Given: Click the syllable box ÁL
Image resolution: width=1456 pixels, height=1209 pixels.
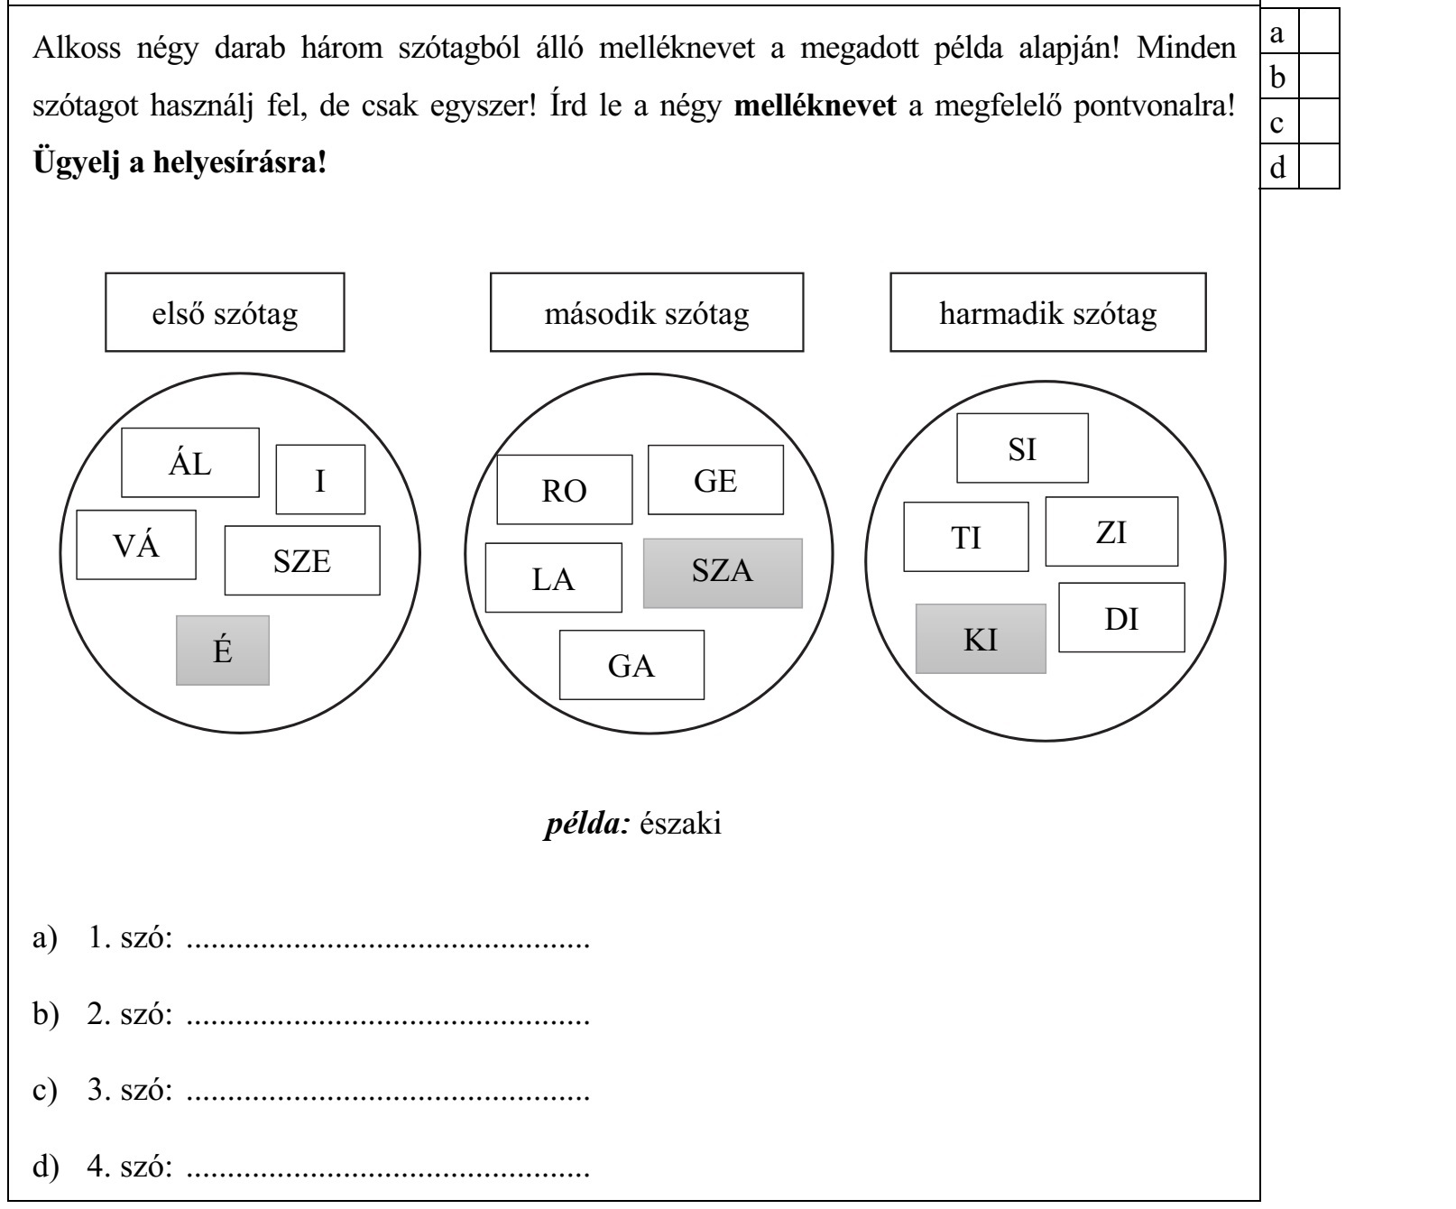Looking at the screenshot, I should pos(190,463).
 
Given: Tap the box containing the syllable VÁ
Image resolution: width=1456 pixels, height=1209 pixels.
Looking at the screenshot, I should pos(136,544).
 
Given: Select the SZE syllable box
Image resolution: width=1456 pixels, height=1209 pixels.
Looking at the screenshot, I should pos(302,560).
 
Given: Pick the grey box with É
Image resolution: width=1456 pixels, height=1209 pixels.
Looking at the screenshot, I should pos(223,651).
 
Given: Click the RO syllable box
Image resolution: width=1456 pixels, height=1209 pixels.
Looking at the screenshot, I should pos(565,490).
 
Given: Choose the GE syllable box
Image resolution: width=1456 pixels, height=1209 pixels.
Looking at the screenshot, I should pos(715,480).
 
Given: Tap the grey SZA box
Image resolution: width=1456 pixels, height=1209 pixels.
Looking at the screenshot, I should pos(723,573).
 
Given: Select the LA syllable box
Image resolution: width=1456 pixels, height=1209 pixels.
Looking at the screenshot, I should pos(553,577).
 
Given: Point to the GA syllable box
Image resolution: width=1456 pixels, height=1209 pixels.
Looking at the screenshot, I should pos(631,665).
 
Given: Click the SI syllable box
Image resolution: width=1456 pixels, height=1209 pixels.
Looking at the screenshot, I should pos(1022,448).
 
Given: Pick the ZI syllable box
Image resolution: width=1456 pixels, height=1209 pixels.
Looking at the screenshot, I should pos(1111,531).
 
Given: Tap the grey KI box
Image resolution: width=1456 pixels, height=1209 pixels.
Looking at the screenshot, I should pos(981,639).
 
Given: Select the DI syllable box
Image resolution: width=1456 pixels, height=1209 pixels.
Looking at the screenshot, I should pos(1121,618).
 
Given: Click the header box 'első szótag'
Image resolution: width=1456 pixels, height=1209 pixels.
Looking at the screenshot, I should pos(225,313).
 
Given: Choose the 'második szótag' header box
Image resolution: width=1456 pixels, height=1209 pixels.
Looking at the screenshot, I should pos(647,313).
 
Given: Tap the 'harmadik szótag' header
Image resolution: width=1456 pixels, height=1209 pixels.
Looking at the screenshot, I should pos(1047,313).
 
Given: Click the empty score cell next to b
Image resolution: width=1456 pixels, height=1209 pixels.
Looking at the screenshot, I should pos(1319,77).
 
